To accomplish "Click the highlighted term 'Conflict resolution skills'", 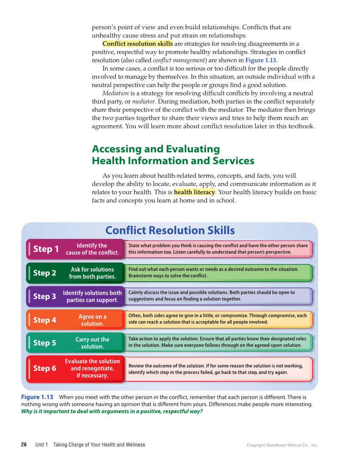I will (137, 44).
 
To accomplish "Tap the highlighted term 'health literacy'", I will (194, 192).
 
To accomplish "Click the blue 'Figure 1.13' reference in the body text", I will (260, 60).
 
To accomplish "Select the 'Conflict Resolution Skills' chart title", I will (170, 230).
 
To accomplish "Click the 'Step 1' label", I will (46, 249).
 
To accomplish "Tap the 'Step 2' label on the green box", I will (45, 273).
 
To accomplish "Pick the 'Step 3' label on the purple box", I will (45, 296).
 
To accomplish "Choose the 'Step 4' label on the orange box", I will (45, 320).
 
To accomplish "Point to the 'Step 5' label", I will (45, 343).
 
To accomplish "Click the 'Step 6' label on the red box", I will (45, 369).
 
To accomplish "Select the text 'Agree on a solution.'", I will (92, 320).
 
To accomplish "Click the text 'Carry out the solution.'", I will (92, 343).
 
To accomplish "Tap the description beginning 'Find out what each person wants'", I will (213, 272).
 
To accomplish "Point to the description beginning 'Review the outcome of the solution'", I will (215, 369).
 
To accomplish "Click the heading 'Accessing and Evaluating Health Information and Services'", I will (173, 155).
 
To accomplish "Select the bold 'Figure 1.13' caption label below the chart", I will (37, 397).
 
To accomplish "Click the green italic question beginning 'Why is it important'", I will (112, 411).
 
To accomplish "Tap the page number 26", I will (24, 445).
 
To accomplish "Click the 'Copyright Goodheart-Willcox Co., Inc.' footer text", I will (282, 445).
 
